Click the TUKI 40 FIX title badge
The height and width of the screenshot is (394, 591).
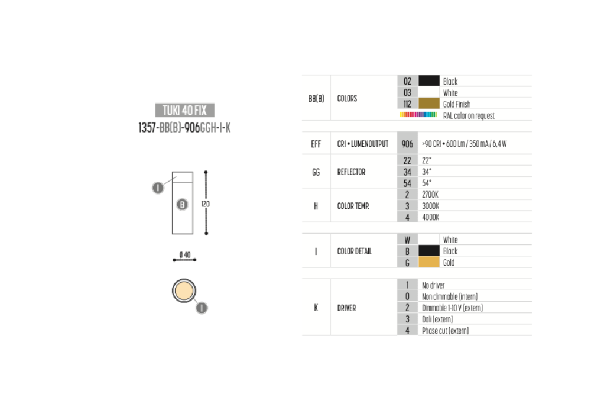tap(184, 110)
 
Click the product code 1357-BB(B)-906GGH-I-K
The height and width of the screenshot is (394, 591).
tap(184, 128)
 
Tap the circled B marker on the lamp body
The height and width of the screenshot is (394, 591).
tap(183, 205)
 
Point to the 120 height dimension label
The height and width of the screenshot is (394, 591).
tap(206, 204)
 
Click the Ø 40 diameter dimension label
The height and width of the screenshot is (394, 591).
tap(184, 255)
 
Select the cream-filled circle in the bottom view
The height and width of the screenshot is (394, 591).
tap(184, 290)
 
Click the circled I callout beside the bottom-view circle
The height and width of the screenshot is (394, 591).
tap(202, 308)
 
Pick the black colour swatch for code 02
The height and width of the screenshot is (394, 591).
tap(429, 81)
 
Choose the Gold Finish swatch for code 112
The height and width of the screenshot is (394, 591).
tap(429, 104)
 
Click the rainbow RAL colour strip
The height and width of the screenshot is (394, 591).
tap(418, 115)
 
